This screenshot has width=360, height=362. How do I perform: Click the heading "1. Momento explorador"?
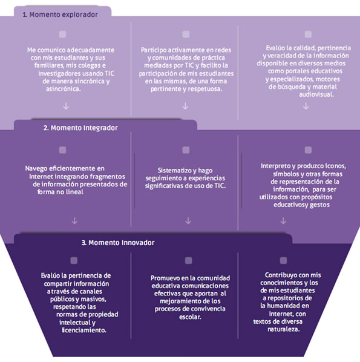pyautogui.click(x=61, y=15)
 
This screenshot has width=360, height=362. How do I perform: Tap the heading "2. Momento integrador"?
pyautogui.click(x=80, y=128)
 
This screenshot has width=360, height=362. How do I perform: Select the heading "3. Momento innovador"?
pyautogui.click(x=118, y=243)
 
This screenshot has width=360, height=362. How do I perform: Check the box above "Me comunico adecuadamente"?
pyautogui.click(x=62, y=35)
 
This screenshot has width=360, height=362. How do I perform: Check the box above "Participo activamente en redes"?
pyautogui.click(x=186, y=35)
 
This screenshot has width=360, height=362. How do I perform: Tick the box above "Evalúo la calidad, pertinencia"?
pyautogui.click(x=308, y=35)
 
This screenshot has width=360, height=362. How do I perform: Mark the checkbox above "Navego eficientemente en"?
pyautogui.click(x=62, y=150)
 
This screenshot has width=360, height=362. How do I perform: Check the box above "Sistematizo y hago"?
pyautogui.click(x=186, y=150)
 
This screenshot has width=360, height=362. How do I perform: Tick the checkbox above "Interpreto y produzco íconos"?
pyautogui.click(x=308, y=150)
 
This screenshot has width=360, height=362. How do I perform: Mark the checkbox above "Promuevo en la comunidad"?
pyautogui.click(x=189, y=261)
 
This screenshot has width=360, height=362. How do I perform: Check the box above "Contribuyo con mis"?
pyautogui.click(x=283, y=260)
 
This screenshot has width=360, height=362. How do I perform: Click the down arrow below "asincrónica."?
pyautogui.click(x=66, y=106)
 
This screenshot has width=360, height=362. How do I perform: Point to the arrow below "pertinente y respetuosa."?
pyautogui.click(x=185, y=106)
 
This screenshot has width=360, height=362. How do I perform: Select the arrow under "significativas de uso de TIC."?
pyautogui.click(x=188, y=221)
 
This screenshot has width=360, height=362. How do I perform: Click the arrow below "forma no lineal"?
pyautogui.click(x=74, y=221)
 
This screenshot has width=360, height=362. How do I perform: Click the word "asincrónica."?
pyautogui.click(x=64, y=89)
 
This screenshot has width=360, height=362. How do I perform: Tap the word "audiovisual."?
pyautogui.click(x=316, y=94)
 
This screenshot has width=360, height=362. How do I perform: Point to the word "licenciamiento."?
pyautogui.click(x=84, y=330)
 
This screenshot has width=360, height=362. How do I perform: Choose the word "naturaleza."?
pyautogui.click(x=284, y=329)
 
